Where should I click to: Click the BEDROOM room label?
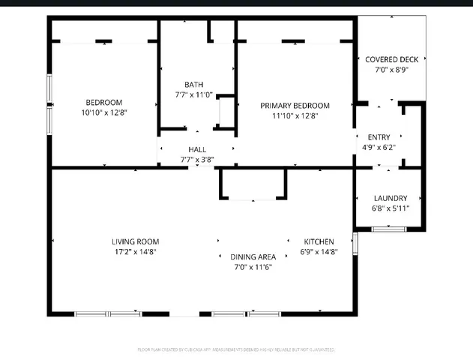click(103, 102)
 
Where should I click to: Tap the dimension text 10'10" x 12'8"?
click(103, 113)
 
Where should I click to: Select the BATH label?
click(194, 84)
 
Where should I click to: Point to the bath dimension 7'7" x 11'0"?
click(194, 95)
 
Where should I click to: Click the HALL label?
click(197, 149)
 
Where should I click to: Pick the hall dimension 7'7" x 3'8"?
click(197, 160)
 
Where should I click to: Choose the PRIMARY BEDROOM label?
click(295, 106)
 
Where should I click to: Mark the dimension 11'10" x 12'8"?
click(295, 116)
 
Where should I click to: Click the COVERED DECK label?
click(391, 58)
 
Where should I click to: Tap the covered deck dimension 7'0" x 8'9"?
click(391, 69)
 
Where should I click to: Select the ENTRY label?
click(379, 136)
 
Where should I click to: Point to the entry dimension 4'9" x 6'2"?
click(379, 148)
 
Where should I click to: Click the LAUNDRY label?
click(391, 198)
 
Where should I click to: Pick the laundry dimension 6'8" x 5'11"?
click(391, 208)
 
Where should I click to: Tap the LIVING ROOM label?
click(135, 241)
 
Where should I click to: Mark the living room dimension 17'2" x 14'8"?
click(135, 252)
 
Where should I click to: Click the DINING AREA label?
click(252, 256)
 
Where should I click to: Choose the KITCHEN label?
click(319, 241)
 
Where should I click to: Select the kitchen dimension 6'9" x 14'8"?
click(319, 252)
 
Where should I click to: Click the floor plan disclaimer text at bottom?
click(236, 349)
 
